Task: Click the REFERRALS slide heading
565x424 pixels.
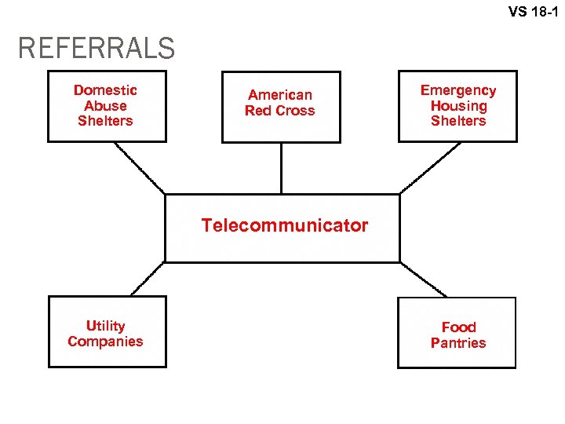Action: coord(97,49)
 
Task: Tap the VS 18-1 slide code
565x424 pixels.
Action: coord(533,12)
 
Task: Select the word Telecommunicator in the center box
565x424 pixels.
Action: coord(284,226)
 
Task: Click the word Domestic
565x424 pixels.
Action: coord(105,90)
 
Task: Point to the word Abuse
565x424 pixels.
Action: coord(105,106)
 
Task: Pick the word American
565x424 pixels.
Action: coord(280,95)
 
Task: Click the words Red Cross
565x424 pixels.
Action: coord(280,111)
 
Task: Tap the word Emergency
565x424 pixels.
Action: coord(458,90)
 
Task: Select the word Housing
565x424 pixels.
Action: coord(458,106)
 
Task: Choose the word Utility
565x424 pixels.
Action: coord(105,326)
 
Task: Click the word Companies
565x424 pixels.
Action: coord(105,342)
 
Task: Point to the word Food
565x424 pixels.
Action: coord(458,327)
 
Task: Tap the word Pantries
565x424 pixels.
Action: coord(458,343)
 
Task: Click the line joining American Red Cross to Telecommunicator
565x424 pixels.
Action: coord(281,168)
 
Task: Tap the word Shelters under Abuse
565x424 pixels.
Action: coord(105,121)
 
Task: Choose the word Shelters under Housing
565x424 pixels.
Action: coord(458,121)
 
